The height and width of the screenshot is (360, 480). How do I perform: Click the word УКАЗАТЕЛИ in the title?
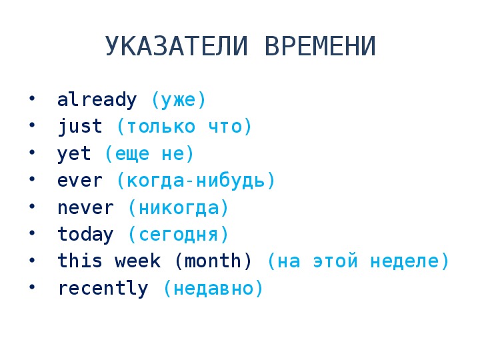[176, 46]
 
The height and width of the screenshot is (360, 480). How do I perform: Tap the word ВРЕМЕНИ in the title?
[320, 46]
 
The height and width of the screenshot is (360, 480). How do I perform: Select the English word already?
[97, 100]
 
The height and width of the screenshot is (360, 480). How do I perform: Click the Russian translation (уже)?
[179, 100]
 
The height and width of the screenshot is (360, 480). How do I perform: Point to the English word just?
[80, 127]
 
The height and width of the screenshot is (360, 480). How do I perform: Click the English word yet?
[75, 154]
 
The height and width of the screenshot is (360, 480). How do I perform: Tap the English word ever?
[80, 181]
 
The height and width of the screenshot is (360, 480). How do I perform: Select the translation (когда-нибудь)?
[196, 180]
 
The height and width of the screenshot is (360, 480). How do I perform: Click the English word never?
[86, 208]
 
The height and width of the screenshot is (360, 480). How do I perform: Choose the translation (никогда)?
[179, 208]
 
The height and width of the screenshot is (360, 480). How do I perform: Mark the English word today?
[86, 235]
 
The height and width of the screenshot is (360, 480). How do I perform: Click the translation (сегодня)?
[179, 235]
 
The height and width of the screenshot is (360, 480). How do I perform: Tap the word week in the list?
[137, 261]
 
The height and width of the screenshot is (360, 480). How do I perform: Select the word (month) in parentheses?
[213, 261]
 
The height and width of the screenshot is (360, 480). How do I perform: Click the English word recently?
[103, 289]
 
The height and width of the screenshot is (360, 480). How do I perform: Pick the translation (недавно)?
[213, 289]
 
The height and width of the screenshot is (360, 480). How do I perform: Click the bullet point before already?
[32, 98]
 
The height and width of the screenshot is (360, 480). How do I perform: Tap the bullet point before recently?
[32, 287]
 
